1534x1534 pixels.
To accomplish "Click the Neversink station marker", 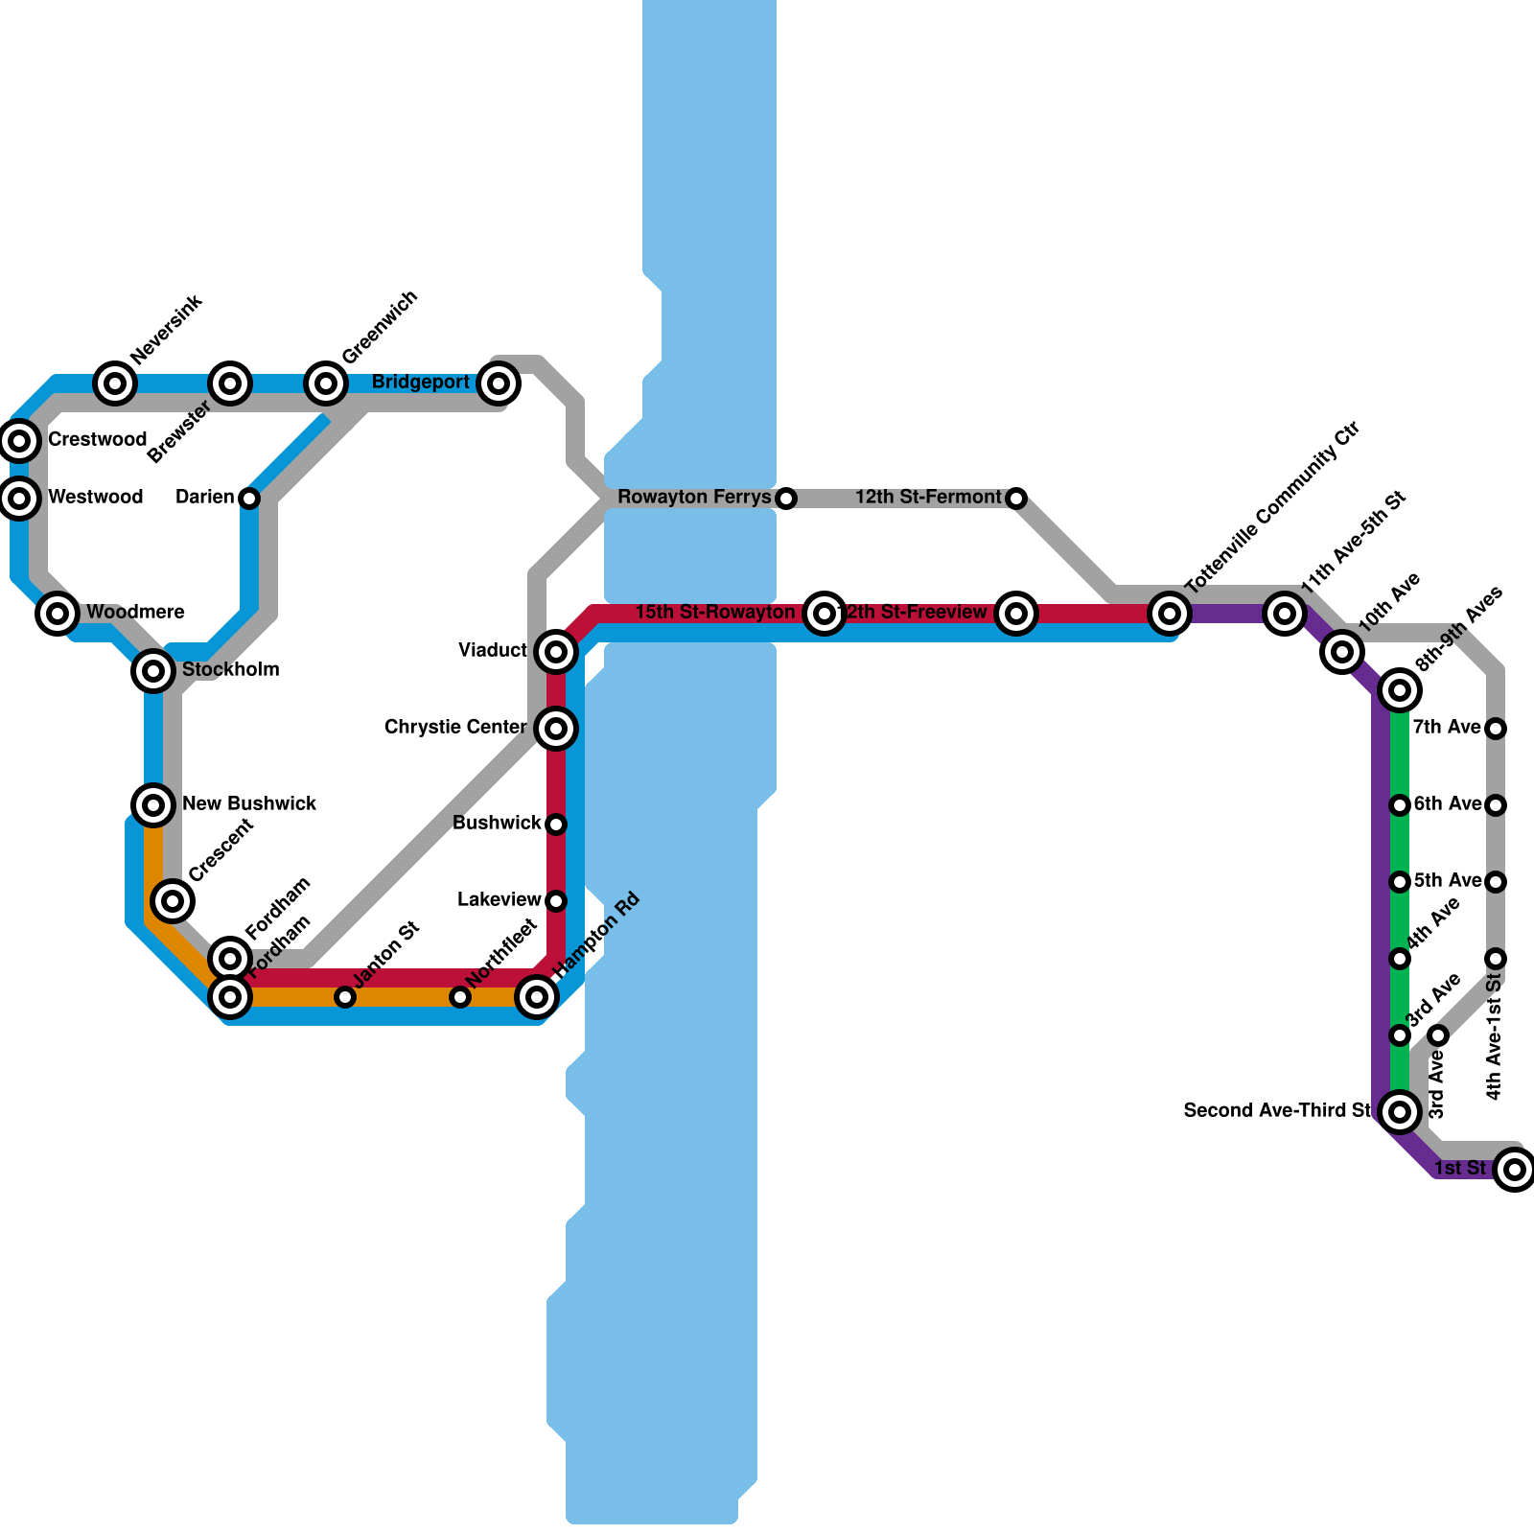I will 115,383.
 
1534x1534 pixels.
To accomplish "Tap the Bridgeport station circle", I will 499,383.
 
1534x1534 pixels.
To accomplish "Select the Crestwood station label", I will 97,440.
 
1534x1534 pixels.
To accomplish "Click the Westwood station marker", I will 19,498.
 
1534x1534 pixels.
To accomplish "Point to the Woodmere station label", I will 135,613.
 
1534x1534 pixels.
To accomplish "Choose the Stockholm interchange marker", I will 153,671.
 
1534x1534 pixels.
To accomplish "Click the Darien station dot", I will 249,499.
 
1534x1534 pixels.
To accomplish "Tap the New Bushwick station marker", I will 153,804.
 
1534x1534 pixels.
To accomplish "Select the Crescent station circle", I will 173,900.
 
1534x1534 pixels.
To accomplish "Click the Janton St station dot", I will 345,997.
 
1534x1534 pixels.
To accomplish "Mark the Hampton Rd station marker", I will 537,997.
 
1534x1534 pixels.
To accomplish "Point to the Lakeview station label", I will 499,900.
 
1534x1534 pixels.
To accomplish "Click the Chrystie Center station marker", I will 556,729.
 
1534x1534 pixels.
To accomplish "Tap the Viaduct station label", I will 493,651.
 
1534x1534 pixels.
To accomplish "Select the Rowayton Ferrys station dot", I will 786,499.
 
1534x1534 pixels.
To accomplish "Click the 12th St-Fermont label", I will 927,498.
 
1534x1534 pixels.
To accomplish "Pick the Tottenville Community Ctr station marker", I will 1170,613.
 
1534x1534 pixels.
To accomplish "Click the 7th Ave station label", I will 1447,728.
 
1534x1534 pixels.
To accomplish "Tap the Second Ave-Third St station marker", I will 1400,1112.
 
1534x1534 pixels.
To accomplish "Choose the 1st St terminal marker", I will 1515,1170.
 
